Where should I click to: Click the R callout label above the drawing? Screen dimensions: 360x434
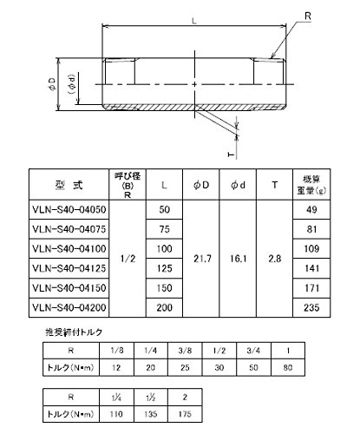[x=308, y=16]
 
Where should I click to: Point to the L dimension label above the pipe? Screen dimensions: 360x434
[x=194, y=21]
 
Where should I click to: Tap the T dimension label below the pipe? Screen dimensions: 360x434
[x=231, y=155]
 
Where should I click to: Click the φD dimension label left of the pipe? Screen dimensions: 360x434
[x=51, y=84]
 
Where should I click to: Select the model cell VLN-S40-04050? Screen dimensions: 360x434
[x=69, y=209]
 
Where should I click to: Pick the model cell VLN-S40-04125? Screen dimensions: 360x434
[x=69, y=268]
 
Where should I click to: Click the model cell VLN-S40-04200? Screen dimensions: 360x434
[x=69, y=307]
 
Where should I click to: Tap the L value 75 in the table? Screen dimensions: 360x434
[x=164, y=229]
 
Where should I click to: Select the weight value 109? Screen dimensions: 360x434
[x=311, y=248]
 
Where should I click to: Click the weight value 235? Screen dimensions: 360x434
[x=311, y=307]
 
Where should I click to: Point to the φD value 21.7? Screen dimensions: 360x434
[x=202, y=259]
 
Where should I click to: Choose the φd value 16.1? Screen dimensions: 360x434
[x=238, y=259]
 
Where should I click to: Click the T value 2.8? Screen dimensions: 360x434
[x=274, y=259]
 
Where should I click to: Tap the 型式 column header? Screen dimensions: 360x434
[x=69, y=185]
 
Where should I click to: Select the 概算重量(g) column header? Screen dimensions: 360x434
[x=311, y=185]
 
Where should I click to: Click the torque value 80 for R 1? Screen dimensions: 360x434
[x=288, y=367]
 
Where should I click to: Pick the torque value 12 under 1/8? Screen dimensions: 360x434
[x=116, y=367]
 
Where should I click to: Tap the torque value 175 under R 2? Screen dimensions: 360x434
[x=185, y=414]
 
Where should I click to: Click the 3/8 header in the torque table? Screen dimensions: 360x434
[x=185, y=351]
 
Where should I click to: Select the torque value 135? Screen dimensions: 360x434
[x=151, y=414]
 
